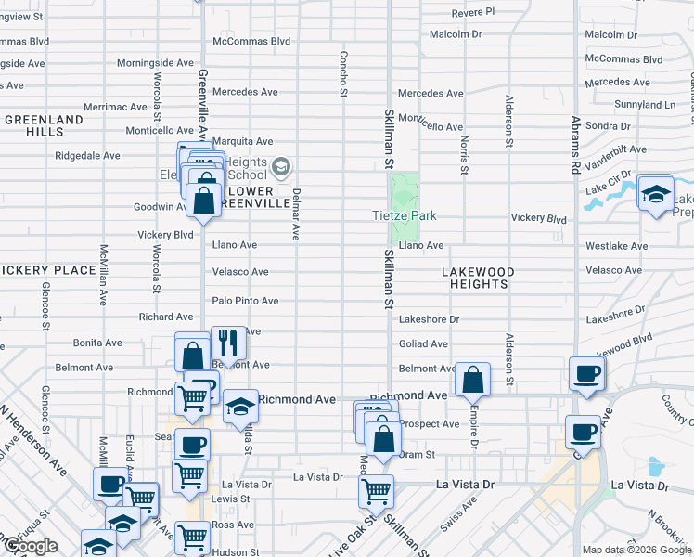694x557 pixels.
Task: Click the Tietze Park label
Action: pyautogui.click(x=405, y=215)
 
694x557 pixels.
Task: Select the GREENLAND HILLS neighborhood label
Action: pyautogui.click(x=43, y=126)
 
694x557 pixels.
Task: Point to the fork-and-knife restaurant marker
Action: pyautogui.click(x=226, y=343)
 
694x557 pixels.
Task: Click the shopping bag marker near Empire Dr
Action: pyautogui.click(x=473, y=379)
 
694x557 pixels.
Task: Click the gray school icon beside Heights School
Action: pyautogui.click(x=282, y=168)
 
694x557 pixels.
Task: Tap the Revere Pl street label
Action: pyautogui.click(x=473, y=11)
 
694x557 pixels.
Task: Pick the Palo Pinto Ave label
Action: pyautogui.click(x=245, y=301)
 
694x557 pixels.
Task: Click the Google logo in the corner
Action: pyautogui.click(x=31, y=546)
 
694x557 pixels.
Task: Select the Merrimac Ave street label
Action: pyautogui.click(x=115, y=107)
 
